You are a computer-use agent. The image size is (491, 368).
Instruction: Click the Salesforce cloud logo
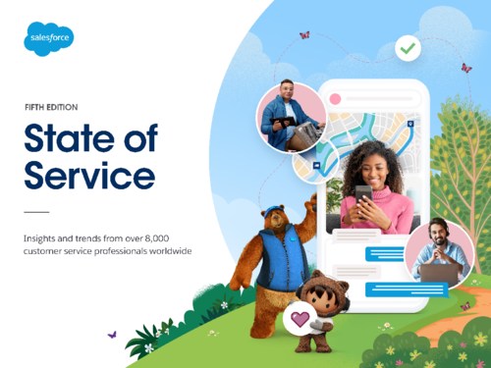(x=49, y=38)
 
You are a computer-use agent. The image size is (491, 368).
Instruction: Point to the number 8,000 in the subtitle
(x=173, y=237)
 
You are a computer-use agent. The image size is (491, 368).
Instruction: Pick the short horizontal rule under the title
(x=35, y=211)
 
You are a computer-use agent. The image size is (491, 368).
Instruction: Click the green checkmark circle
(x=407, y=47)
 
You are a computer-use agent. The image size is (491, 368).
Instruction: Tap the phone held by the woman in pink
(x=363, y=193)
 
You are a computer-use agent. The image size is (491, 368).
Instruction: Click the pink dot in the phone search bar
(x=336, y=99)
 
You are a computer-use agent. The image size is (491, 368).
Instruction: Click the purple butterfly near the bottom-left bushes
(x=111, y=334)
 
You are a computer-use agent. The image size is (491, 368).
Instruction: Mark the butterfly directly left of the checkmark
(x=304, y=35)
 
